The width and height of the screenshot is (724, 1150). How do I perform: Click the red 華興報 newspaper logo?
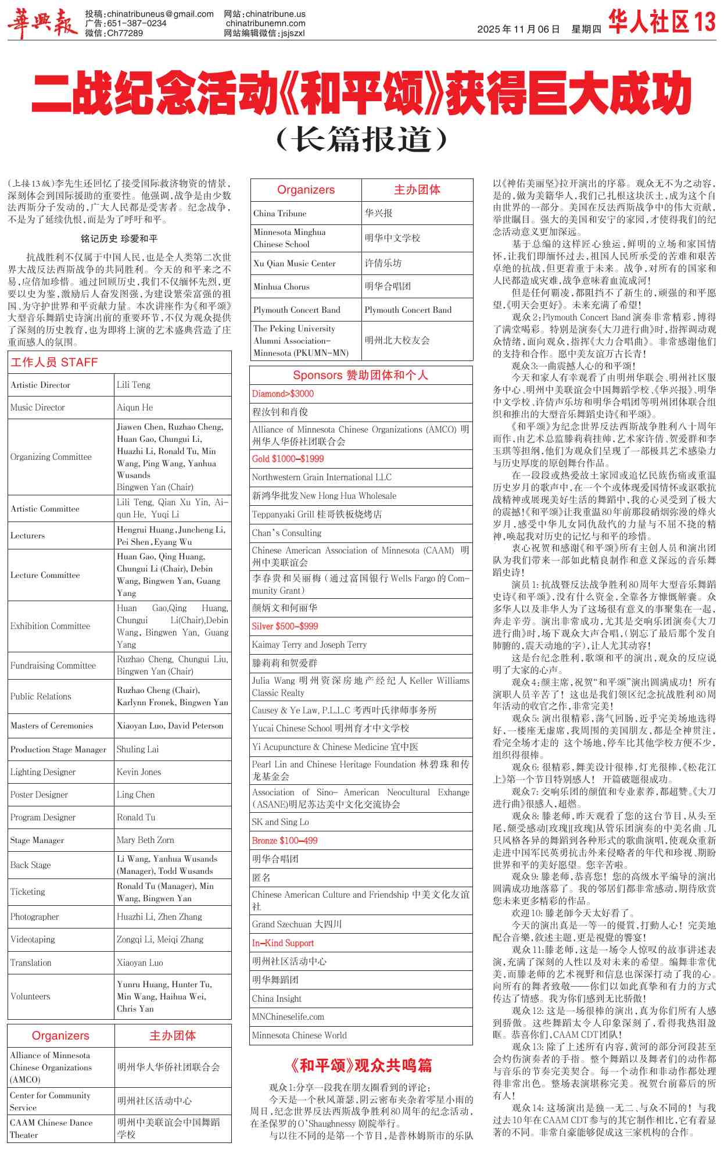tap(42, 24)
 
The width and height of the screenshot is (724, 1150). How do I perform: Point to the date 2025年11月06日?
tap(518, 29)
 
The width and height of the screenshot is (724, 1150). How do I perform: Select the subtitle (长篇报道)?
tap(362, 140)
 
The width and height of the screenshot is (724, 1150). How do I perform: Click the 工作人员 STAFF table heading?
tap(54, 362)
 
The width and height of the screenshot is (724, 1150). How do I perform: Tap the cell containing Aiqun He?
tap(135, 408)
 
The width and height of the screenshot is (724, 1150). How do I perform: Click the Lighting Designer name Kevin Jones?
tap(139, 772)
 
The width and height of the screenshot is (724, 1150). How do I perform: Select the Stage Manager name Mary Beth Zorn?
tap(145, 840)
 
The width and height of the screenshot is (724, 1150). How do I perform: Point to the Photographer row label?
tap(35, 916)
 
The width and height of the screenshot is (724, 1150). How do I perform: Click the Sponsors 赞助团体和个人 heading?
tap(360, 375)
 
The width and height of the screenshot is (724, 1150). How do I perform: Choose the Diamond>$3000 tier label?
tap(283, 394)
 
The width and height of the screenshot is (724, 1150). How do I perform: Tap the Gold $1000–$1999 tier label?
tap(288, 459)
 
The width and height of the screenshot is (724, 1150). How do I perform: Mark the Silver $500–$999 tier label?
tap(285, 626)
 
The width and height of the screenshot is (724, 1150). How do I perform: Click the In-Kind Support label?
tap(283, 942)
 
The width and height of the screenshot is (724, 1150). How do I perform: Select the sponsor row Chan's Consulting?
tap(286, 533)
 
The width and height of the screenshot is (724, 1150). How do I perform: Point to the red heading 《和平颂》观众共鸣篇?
tap(361, 1065)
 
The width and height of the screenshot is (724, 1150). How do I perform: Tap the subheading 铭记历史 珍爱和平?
tap(119, 238)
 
